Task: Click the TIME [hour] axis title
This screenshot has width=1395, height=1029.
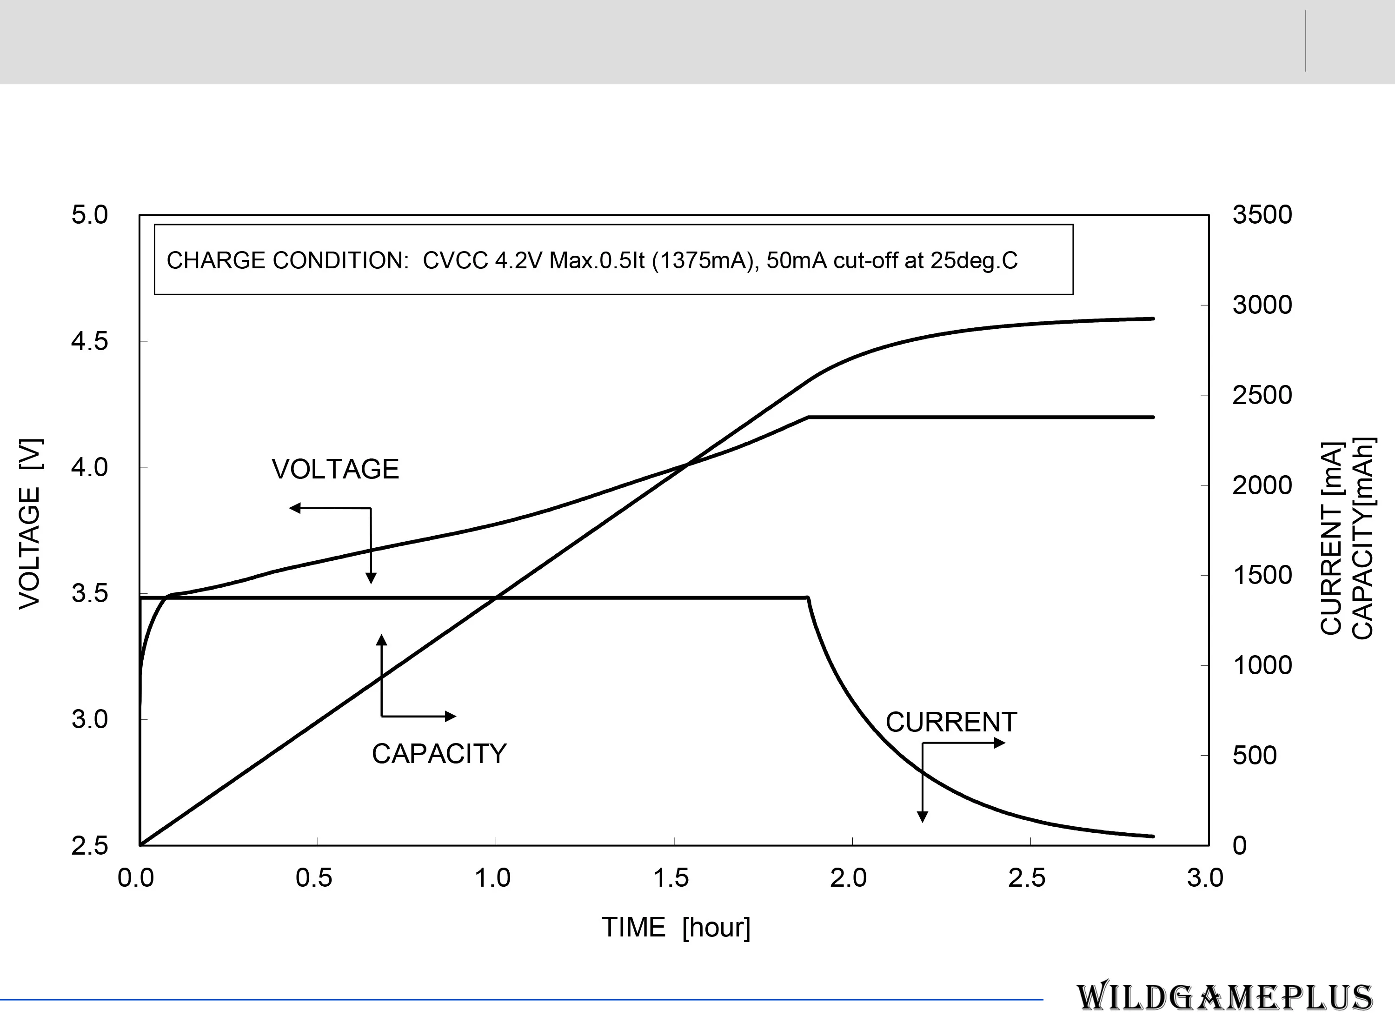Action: (676, 928)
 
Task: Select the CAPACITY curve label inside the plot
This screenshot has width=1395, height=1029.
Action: (439, 754)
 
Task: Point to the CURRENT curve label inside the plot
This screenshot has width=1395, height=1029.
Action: (951, 723)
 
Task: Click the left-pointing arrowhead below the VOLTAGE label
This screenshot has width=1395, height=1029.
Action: (294, 508)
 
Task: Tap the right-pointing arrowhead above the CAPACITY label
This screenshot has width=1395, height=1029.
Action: (450, 717)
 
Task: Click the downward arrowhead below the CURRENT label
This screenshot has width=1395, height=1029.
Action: (922, 817)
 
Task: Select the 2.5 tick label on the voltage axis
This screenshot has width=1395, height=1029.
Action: (90, 846)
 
